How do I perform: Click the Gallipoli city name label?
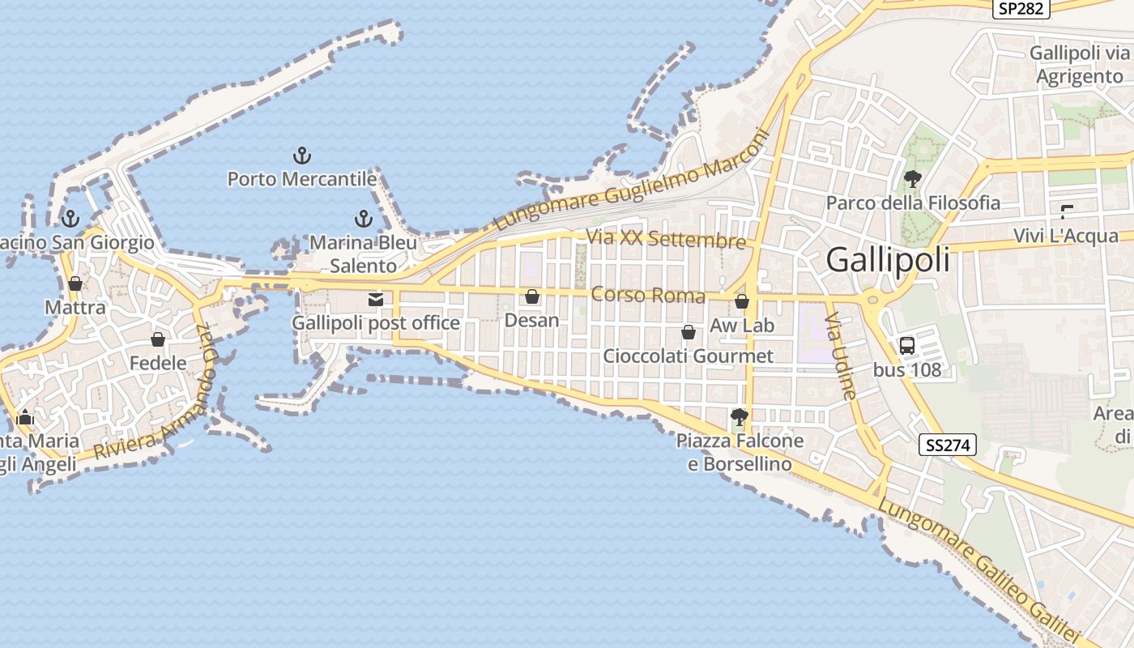(x=888, y=261)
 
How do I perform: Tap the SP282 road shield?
(x=1021, y=8)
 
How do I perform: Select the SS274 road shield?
(x=948, y=445)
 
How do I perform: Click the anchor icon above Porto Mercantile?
(x=301, y=155)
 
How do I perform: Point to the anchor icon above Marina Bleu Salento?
(x=363, y=219)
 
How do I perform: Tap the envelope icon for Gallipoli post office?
(x=376, y=300)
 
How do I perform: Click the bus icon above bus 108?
(x=907, y=346)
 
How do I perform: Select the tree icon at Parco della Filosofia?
(x=913, y=179)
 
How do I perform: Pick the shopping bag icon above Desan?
(x=532, y=297)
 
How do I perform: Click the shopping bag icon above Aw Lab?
(x=742, y=302)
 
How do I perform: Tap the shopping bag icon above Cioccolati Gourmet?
(x=688, y=332)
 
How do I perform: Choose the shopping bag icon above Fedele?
(x=158, y=339)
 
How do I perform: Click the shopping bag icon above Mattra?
(x=75, y=283)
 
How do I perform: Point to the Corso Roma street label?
(x=647, y=295)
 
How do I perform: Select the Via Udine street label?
(x=840, y=357)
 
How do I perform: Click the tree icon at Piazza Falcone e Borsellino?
(x=739, y=417)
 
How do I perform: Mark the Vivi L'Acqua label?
(x=1065, y=236)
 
